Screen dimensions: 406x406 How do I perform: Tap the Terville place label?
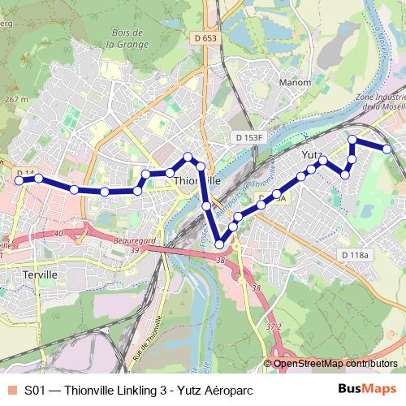click(38, 274)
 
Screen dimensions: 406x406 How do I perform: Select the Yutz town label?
click(313, 154)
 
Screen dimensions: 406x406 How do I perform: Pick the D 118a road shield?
click(355, 255)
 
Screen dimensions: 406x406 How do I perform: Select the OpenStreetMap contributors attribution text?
click(335, 363)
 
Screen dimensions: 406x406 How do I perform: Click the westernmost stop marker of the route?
click(19, 181)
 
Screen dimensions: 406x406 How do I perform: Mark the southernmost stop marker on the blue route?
click(220, 244)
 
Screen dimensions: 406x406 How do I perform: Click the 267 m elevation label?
click(16, 98)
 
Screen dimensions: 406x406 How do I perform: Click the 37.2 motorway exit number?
click(274, 327)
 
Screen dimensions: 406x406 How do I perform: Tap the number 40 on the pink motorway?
click(58, 234)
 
